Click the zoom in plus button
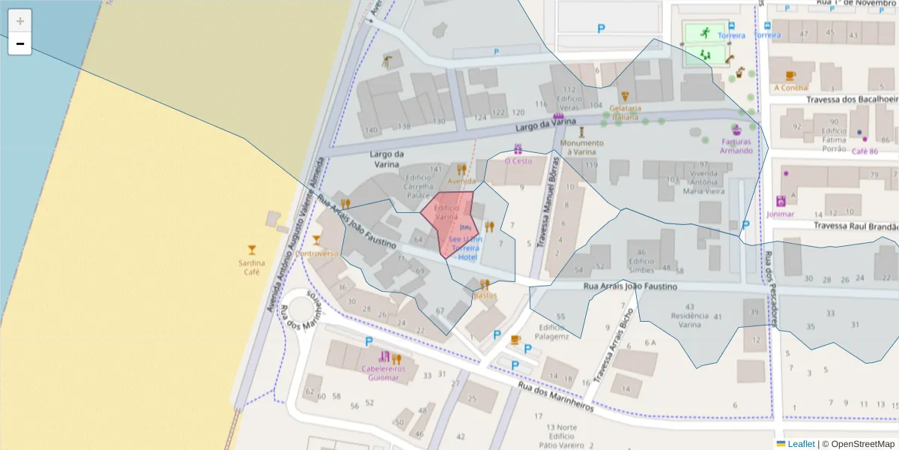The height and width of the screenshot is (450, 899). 20,21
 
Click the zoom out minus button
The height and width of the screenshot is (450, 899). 20,43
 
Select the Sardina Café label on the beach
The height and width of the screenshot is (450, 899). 252,267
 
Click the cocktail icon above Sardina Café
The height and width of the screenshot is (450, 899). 252,249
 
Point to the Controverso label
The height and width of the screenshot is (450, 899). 316,253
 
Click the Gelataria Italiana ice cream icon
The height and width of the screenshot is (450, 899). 625,97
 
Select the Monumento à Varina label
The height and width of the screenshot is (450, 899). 581,148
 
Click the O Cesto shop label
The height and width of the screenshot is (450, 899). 518,160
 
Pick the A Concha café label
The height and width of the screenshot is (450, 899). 790,87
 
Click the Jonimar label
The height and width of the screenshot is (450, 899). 780,213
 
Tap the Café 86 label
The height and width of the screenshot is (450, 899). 865,151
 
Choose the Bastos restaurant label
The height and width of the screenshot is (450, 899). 485,295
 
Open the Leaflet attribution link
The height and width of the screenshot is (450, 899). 800,444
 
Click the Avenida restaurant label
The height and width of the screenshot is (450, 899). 461,181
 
